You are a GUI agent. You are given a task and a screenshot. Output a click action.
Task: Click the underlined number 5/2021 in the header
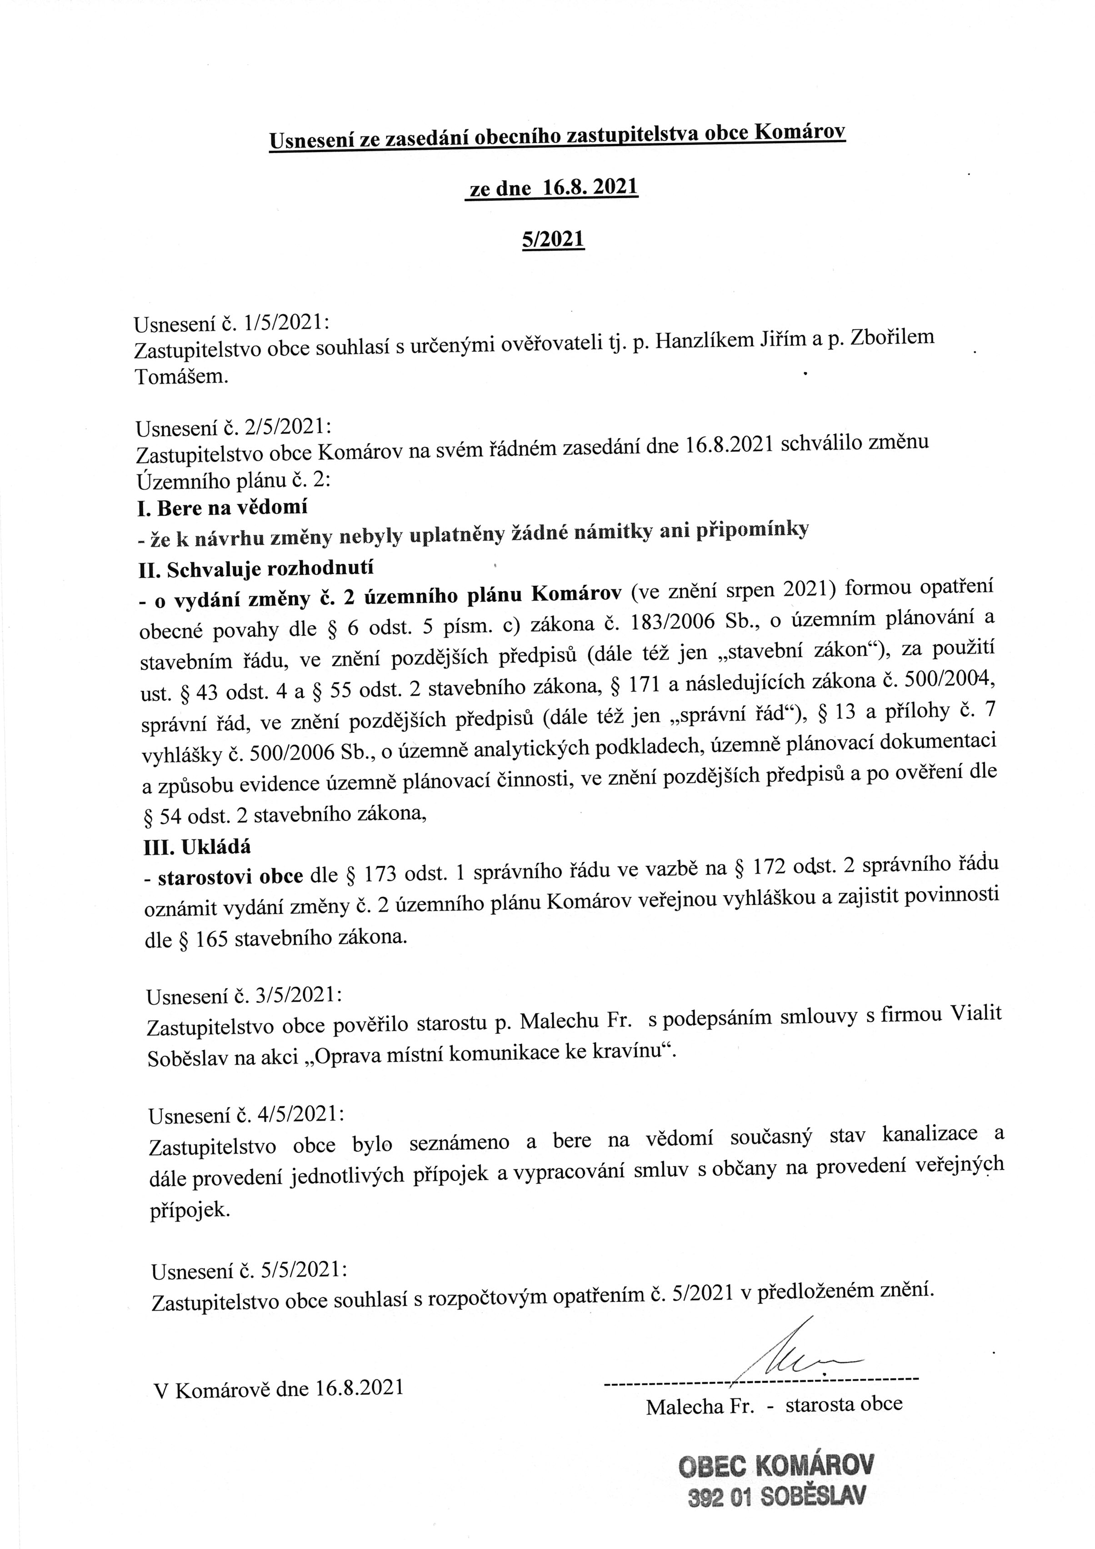coord(553,240)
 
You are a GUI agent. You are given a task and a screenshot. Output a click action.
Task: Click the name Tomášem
coord(181,376)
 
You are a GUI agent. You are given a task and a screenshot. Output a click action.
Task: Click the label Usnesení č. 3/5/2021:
coord(244,996)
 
